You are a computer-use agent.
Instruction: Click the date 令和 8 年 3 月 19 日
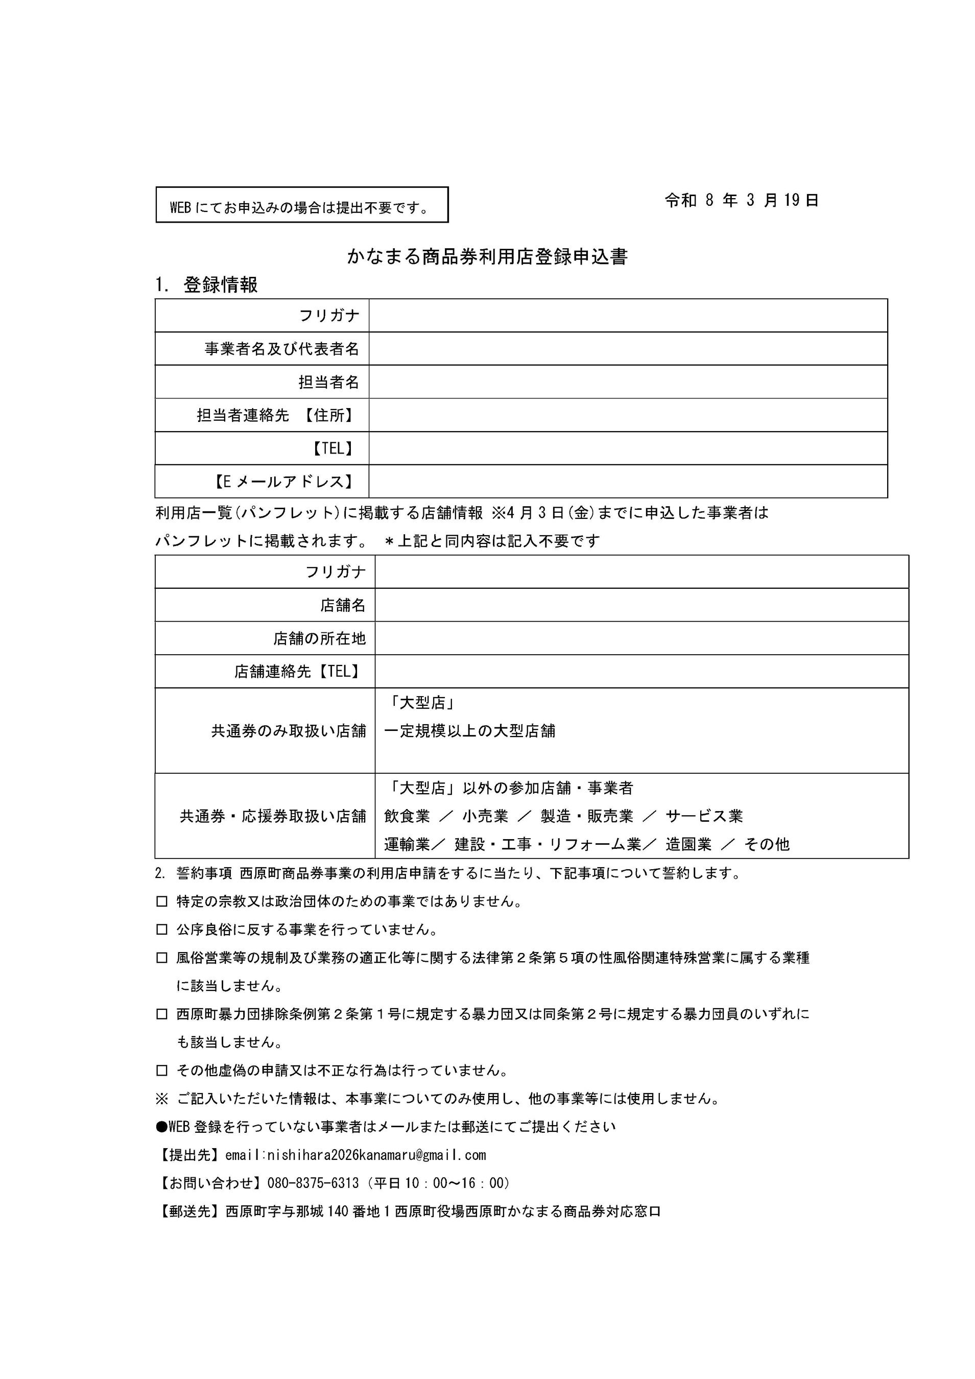coord(741,201)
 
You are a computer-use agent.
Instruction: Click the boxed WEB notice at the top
coord(301,205)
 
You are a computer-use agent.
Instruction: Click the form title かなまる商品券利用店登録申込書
coord(487,256)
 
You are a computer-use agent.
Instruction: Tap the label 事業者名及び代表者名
coord(282,349)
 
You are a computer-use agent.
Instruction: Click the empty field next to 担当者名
coord(628,382)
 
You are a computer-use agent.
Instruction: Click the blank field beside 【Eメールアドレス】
coord(628,481)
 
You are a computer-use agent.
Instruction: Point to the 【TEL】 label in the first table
coord(332,448)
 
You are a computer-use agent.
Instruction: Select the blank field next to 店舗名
coord(641,605)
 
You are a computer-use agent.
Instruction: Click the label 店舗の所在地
coord(319,638)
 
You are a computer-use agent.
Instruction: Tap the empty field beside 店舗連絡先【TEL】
coord(641,672)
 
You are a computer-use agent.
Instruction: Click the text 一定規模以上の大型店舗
coord(469,731)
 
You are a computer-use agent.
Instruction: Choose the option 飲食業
coord(407,816)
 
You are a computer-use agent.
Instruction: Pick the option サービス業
coord(704,816)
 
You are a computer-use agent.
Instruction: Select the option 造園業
coord(688,844)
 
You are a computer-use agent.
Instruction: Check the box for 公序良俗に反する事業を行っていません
coord(161,930)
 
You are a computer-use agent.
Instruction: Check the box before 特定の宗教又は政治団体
coord(161,901)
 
